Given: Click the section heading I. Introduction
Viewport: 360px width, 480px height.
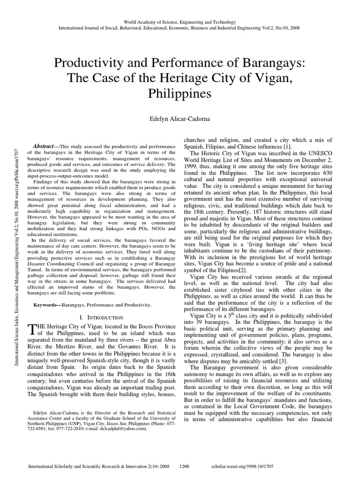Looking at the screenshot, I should pos(102,317).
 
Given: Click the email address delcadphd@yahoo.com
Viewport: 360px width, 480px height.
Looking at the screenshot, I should pos(131,428).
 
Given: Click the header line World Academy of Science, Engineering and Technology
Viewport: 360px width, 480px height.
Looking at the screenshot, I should pos(180,22).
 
